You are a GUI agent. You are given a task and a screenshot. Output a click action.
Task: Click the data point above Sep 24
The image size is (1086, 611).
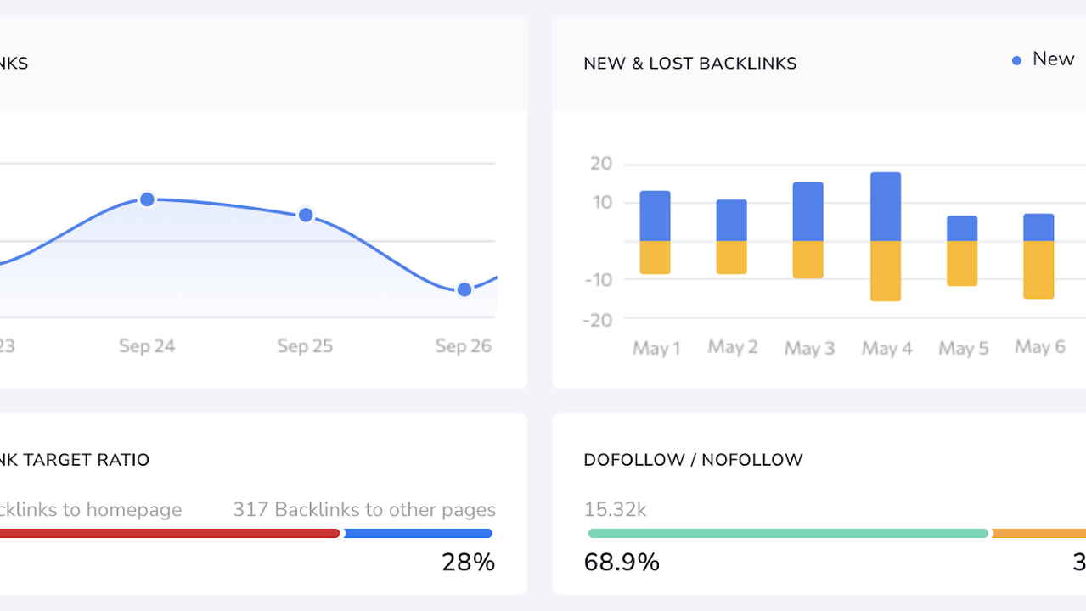(147, 199)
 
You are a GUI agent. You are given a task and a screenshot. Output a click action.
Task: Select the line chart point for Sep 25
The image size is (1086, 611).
(306, 216)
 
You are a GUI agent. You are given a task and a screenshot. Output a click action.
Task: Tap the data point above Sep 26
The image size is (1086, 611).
(464, 289)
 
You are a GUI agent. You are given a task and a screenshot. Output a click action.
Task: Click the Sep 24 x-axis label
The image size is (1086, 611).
(147, 346)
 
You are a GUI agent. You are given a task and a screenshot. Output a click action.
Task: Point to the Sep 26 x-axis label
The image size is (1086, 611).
(464, 346)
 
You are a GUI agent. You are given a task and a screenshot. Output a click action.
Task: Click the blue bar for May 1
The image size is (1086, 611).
(655, 216)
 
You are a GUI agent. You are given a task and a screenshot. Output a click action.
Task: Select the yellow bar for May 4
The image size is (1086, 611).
(886, 271)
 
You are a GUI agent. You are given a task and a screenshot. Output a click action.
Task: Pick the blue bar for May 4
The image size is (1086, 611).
(886, 207)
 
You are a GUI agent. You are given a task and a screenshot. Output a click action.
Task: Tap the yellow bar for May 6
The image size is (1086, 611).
(1038, 270)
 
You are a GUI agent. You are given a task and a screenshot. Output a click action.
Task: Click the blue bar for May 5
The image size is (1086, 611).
(962, 228)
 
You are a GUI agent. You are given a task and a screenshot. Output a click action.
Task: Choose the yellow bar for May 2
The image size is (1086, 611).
(731, 257)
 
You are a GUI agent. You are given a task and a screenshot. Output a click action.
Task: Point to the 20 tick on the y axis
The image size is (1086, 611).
(601, 164)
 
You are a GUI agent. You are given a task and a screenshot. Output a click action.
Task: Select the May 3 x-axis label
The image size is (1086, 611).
(809, 348)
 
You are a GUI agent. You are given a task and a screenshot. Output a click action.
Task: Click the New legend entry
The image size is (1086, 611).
(1044, 59)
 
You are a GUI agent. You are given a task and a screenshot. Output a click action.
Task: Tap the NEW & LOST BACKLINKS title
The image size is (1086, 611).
(689, 64)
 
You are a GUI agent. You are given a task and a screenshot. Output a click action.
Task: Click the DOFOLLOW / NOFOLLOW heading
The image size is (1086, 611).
(693, 460)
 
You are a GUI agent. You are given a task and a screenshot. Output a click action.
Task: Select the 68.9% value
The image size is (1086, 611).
(622, 563)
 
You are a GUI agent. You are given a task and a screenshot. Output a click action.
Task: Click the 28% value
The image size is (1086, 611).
(468, 563)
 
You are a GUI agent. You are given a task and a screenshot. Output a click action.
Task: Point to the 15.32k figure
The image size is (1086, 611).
(615, 510)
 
